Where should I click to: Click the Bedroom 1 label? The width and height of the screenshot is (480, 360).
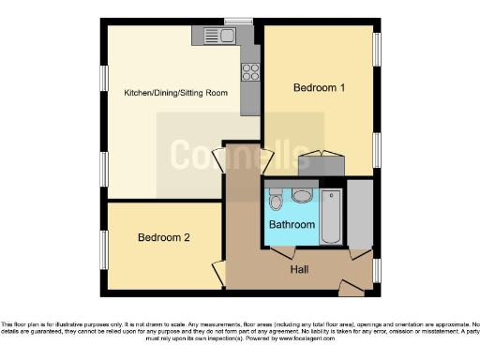click(319, 88)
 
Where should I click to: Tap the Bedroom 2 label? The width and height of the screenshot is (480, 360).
click(164, 238)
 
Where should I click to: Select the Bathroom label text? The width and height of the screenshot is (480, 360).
click(292, 226)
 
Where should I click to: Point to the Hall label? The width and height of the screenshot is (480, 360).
click(301, 269)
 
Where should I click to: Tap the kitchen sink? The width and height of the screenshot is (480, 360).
click(225, 36)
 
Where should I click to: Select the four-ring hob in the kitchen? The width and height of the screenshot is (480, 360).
click(250, 69)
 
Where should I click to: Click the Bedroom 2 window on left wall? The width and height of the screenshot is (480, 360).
click(103, 248)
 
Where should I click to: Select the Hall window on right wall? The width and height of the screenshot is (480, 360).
click(377, 270)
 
